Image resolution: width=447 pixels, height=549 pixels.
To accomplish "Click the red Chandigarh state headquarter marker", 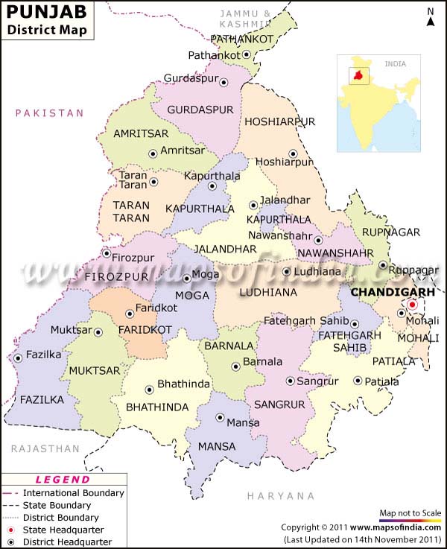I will pyautogui.click(x=411, y=305).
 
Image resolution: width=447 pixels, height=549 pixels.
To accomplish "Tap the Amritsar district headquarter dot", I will pyautogui.click(x=153, y=153).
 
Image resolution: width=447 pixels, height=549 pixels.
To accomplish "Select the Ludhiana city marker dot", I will pyautogui.click(x=286, y=272).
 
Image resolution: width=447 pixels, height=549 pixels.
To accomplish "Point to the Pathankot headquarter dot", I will pyautogui.click(x=247, y=55).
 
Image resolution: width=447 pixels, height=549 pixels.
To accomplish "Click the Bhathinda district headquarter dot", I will pyautogui.click(x=149, y=389).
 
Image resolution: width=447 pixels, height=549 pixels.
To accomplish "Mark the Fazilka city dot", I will pyautogui.click(x=18, y=358).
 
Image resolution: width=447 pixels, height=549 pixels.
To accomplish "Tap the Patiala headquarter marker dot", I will pyautogui.click(x=358, y=381).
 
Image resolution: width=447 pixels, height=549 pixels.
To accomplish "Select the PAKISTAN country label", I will pyautogui.click(x=51, y=113).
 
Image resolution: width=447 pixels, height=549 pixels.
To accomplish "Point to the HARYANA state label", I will pyautogui.click(x=281, y=495).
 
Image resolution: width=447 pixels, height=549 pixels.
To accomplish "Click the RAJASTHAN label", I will pyautogui.click(x=45, y=448).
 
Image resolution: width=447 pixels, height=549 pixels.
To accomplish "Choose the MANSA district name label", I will pyautogui.click(x=217, y=447).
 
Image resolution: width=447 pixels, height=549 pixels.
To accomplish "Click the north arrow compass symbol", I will pyautogui.click(x=431, y=18).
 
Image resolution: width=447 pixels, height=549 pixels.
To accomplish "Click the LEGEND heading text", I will pyautogui.click(x=63, y=480).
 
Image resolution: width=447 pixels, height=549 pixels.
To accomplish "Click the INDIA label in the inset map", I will pyautogui.click(x=395, y=64).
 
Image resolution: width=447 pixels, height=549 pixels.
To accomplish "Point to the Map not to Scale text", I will pyautogui.click(x=410, y=513).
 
